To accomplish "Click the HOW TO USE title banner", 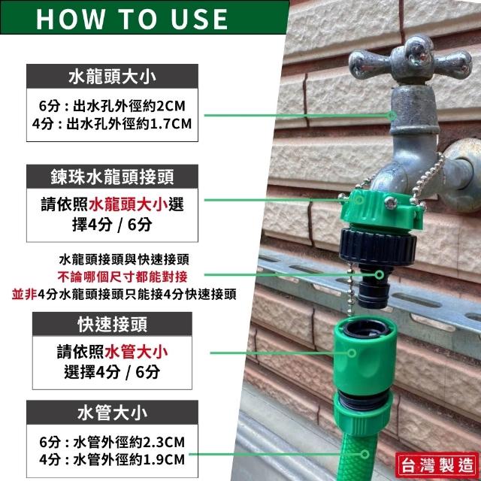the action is click(x=144, y=17).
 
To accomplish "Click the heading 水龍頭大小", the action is click(x=112, y=77).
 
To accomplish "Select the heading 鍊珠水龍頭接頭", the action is click(x=112, y=177).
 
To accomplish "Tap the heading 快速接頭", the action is click(x=112, y=324).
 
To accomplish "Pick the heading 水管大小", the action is click(x=112, y=413).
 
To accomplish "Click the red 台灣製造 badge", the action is click(x=437, y=465).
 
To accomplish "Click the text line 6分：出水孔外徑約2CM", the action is click(x=112, y=106).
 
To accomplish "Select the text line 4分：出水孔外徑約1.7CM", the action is click(x=112, y=124).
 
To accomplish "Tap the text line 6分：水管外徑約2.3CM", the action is click(x=112, y=442).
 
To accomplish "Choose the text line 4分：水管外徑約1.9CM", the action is click(x=112, y=459).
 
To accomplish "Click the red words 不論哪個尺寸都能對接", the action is click(x=123, y=277).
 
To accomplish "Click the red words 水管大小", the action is click(x=136, y=352).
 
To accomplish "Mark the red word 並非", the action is click(x=25, y=295).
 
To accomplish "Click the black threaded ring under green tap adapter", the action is click(x=378, y=247).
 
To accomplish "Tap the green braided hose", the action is click(x=359, y=457).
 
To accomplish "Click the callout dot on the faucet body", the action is click(x=392, y=115).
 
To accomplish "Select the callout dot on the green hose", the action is click(x=365, y=454).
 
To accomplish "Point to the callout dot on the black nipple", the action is click(x=379, y=274).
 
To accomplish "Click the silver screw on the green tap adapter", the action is click(x=391, y=203).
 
